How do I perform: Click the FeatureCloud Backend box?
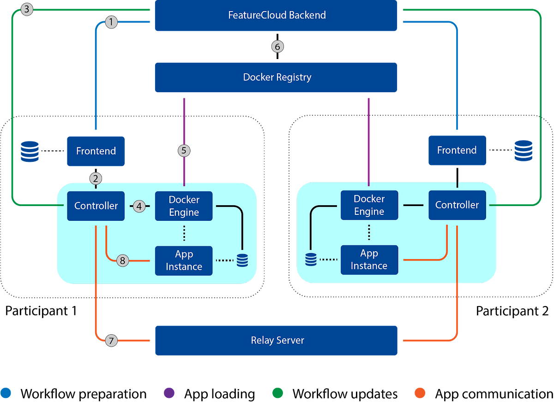point(276,15)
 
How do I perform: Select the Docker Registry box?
point(276,77)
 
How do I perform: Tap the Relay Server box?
point(276,340)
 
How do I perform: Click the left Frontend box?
point(96,151)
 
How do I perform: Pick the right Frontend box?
point(457,150)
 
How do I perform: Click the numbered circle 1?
point(111,22)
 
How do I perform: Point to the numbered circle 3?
point(28,9)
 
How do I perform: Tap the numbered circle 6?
point(277,46)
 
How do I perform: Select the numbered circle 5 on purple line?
point(184,151)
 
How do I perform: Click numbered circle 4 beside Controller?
point(139,206)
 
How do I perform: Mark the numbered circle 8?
point(122,260)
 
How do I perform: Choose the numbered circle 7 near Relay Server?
point(111,341)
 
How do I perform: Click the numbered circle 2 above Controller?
point(96,178)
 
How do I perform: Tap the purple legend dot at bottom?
point(168,392)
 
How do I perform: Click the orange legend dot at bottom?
point(420,392)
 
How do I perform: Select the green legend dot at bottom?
point(277,392)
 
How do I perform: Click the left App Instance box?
point(184,260)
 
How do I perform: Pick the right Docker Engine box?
point(369,205)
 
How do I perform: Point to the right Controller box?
point(457,205)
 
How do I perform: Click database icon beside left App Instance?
point(242,260)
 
